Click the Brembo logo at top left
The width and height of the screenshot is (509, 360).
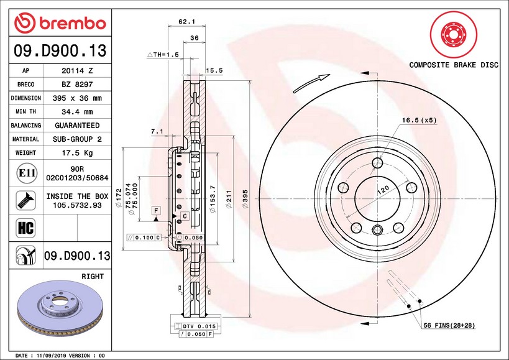click(x=60, y=23)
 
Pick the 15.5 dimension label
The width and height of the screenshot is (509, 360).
click(x=214, y=71)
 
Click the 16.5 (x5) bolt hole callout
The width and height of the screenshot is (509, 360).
click(x=419, y=120)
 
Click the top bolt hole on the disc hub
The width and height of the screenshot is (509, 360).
click(x=377, y=164)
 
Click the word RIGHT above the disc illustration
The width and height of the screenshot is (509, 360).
click(x=92, y=275)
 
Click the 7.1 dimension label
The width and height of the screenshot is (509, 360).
click(x=157, y=132)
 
